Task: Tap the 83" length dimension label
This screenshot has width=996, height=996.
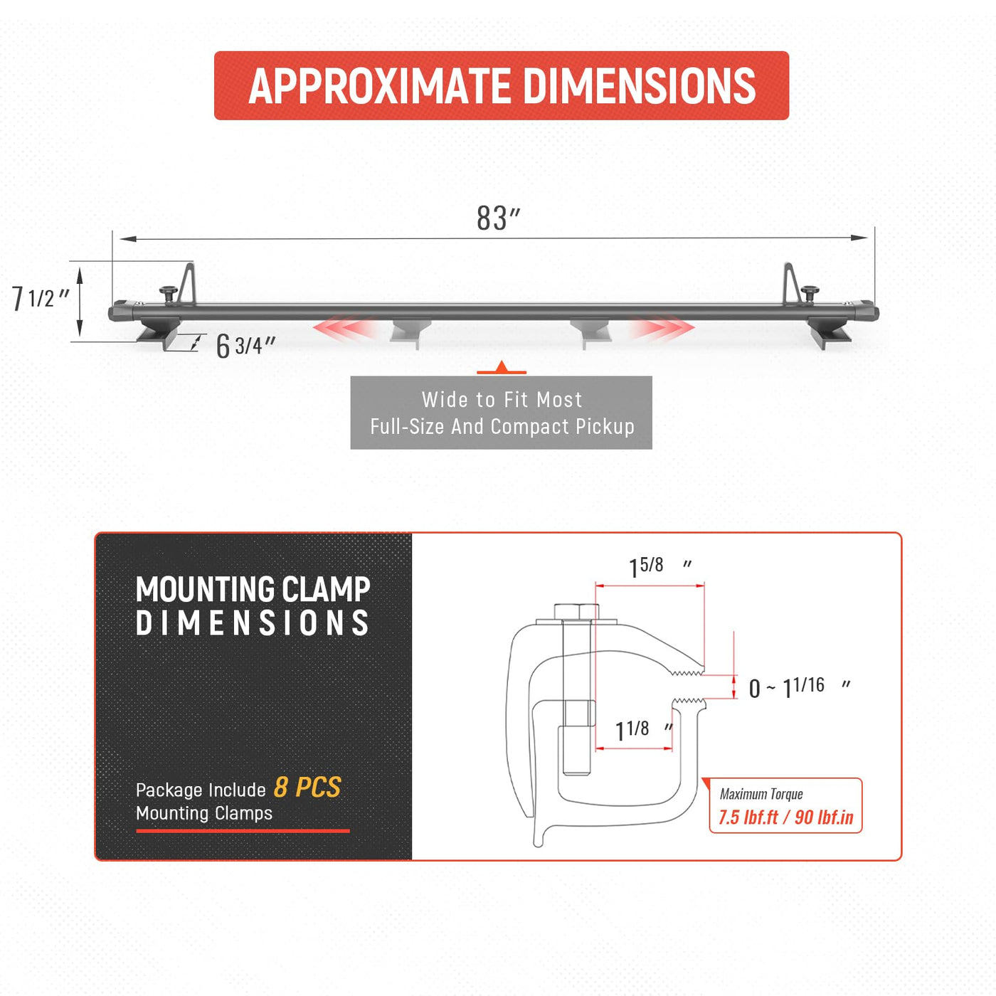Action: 498,218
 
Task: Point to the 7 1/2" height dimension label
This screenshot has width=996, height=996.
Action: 41,298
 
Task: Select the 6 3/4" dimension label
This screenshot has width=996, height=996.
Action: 245,345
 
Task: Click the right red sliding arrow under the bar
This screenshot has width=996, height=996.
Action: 662,327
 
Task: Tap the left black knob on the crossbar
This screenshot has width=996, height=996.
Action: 168,294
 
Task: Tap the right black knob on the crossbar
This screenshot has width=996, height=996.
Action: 810,294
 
